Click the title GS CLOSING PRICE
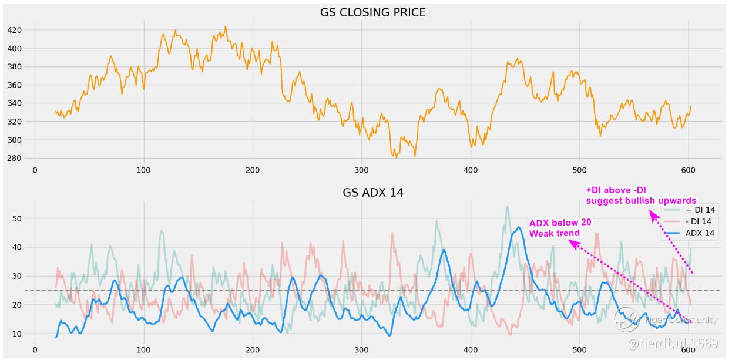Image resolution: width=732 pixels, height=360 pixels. pos(373,12)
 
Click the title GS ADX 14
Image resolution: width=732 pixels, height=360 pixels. pos(373,193)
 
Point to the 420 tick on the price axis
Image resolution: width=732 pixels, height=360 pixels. pos(14,30)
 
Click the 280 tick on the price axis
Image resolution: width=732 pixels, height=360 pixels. pos(14,159)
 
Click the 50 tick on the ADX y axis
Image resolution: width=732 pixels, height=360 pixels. pos(16,218)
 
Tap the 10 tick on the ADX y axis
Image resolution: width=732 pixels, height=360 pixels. pos(16,334)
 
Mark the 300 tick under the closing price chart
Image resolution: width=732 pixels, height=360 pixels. pos(361,170)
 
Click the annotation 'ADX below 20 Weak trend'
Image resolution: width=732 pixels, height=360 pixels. pos(559,228)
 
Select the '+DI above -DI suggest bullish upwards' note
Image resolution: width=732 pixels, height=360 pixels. pos(640,195)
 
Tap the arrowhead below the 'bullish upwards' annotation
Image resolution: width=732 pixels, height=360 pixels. pos(653,216)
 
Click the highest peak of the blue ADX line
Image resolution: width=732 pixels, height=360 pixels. pos(518,227)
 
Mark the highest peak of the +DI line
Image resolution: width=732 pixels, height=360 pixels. pos(507,206)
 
